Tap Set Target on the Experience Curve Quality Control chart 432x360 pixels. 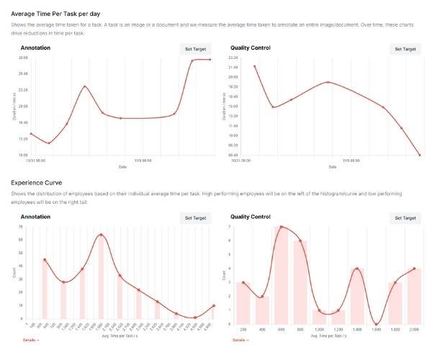point(405,217)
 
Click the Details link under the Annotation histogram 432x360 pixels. point(29,340)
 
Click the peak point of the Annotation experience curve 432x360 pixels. point(101,235)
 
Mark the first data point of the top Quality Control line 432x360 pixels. point(254,66)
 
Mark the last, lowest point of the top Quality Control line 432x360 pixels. point(420,155)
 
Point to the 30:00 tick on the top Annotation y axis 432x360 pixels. point(23,58)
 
